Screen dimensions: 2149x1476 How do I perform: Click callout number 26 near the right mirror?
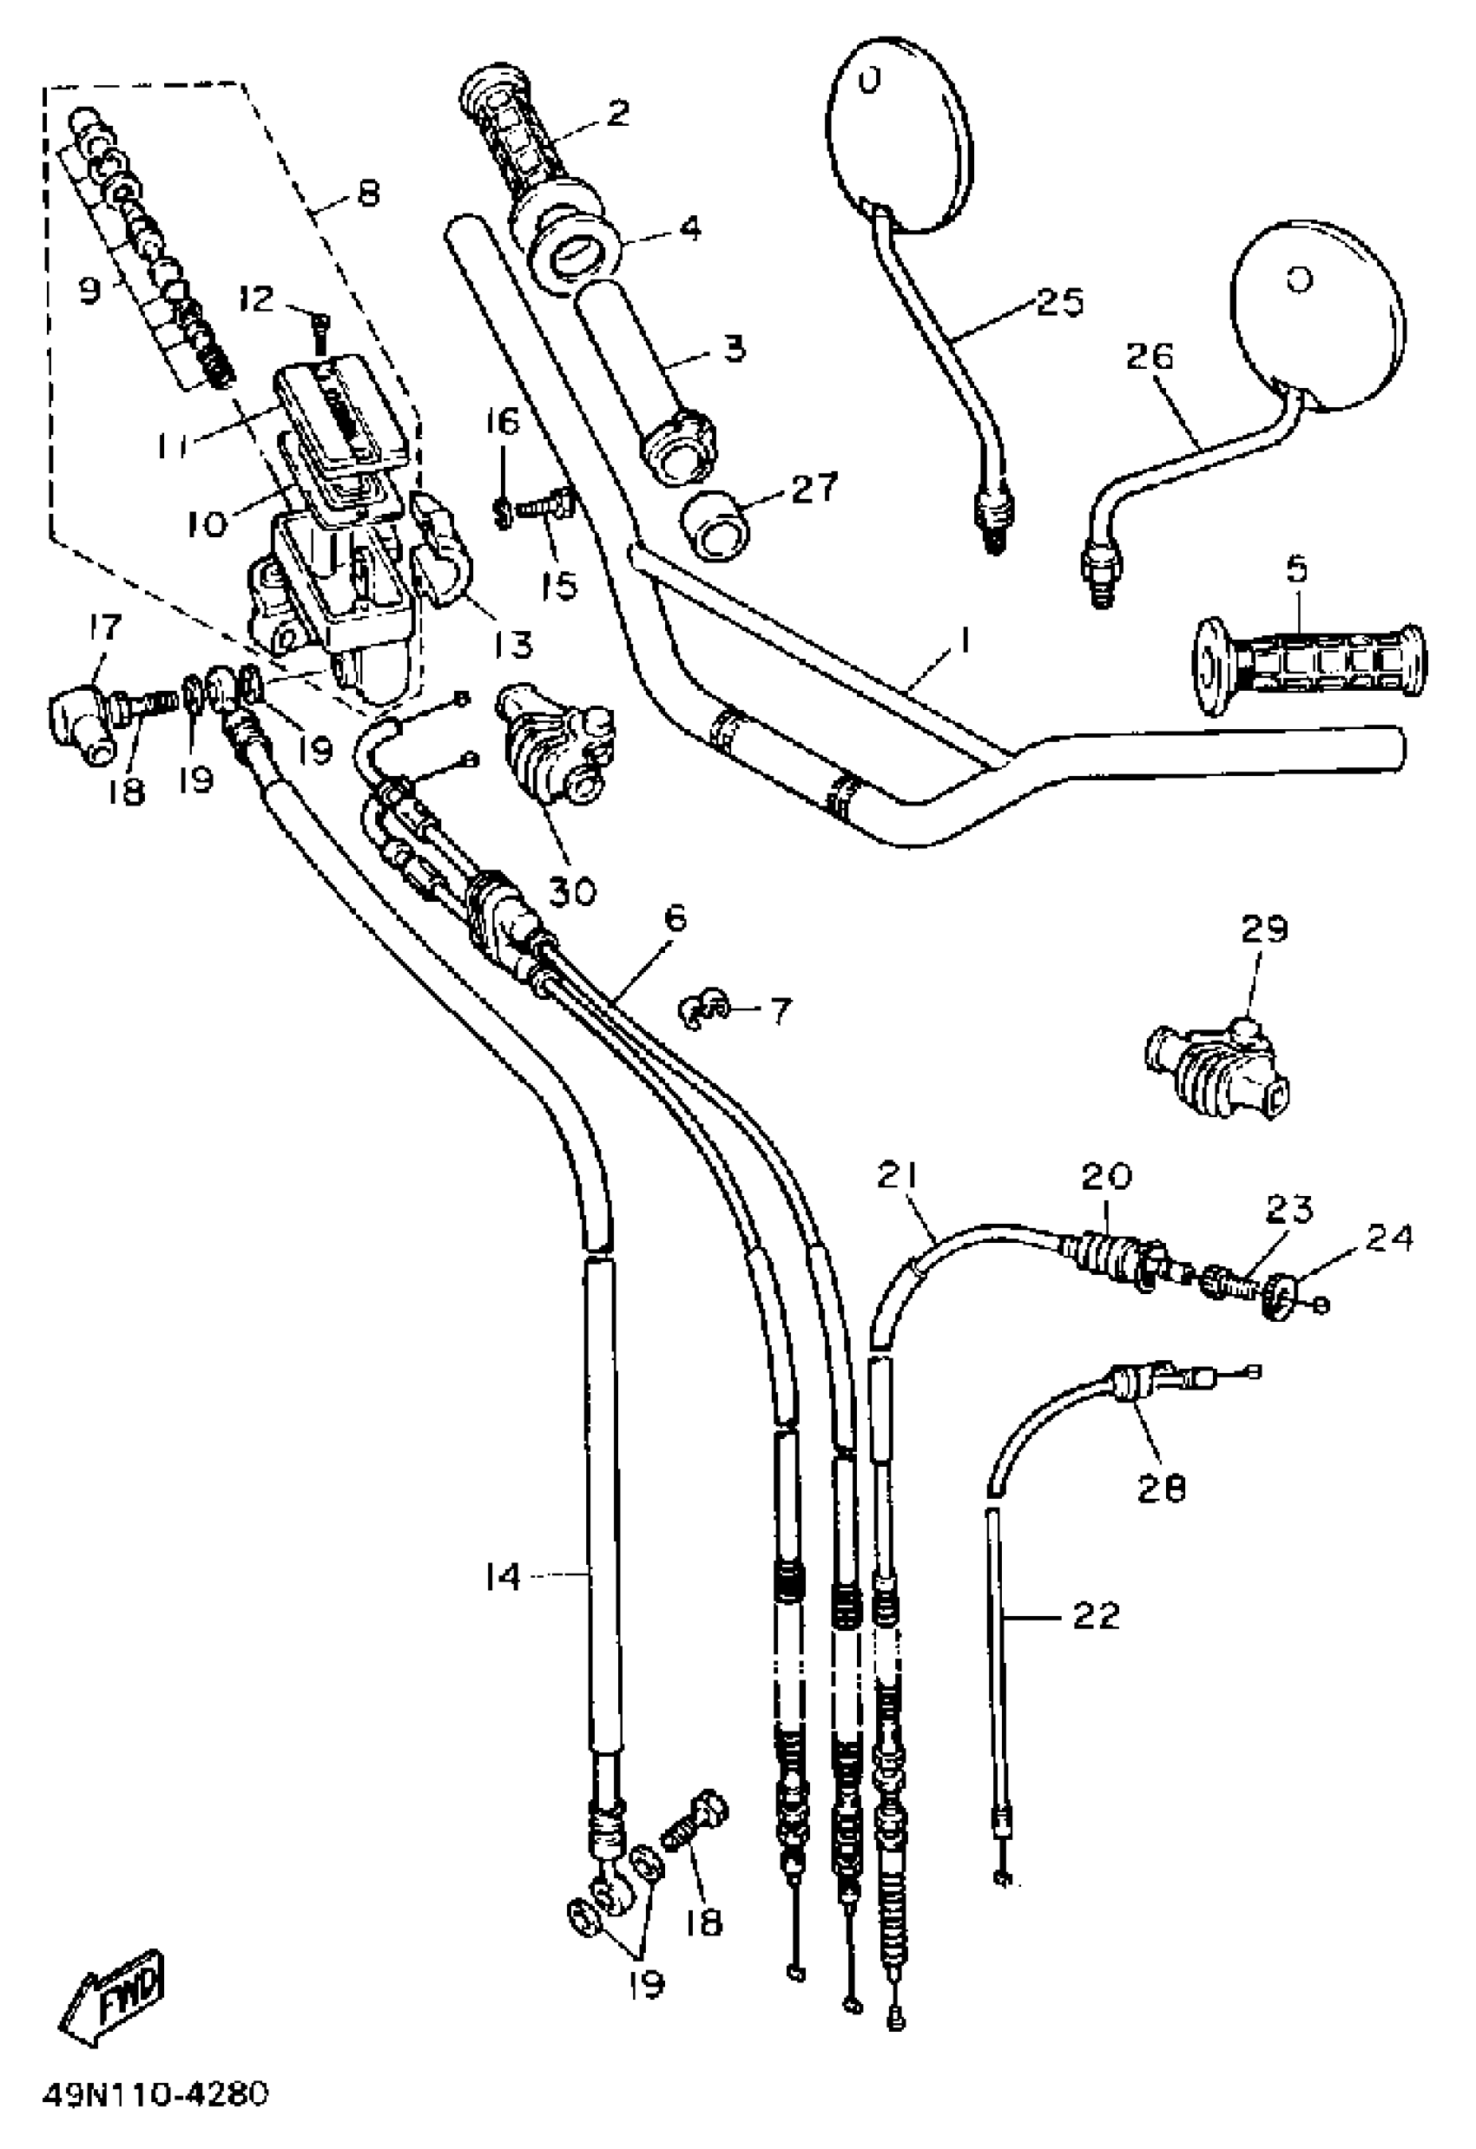click(x=1149, y=357)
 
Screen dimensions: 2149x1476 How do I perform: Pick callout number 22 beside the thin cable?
click(x=1096, y=1615)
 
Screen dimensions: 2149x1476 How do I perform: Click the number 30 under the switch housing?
click(x=572, y=890)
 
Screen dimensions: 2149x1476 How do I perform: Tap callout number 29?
click(x=1265, y=928)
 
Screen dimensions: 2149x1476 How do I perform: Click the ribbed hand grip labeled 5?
click(x=1310, y=669)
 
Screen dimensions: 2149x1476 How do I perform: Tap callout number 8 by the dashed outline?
click(x=368, y=194)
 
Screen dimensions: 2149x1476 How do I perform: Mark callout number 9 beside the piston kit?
click(x=89, y=292)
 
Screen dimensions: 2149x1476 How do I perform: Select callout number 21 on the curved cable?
click(x=897, y=1175)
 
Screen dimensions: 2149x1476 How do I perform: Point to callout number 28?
click(x=1162, y=1488)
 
